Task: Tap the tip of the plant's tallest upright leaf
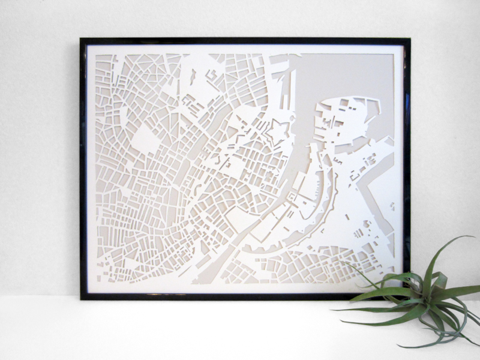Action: click(x=472, y=236)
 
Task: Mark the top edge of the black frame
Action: click(x=240, y=41)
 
